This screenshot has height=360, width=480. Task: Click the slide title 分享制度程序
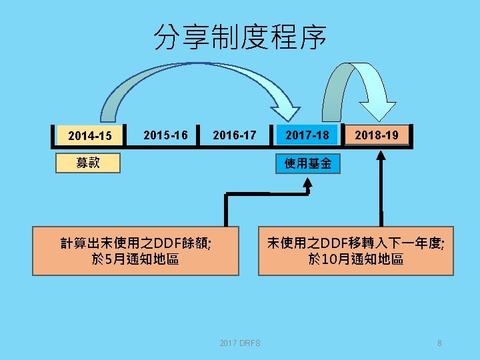point(240,38)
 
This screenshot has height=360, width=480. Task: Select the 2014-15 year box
point(89,136)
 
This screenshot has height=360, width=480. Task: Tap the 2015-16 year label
point(165,135)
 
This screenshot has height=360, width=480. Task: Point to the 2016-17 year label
point(234,135)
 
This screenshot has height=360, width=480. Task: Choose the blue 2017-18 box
point(307,135)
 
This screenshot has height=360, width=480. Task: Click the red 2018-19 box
point(377,135)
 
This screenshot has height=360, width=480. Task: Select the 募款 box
point(88,163)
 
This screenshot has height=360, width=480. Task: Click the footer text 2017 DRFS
point(240,343)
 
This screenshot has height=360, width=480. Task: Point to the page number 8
point(439,343)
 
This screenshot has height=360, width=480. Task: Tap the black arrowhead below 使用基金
point(308,188)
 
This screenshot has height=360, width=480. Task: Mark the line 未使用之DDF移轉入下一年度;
point(355,243)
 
